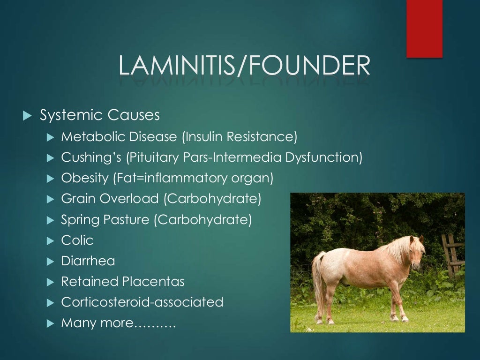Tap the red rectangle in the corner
point(424,28)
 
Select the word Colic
point(77,240)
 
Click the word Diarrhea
point(88,261)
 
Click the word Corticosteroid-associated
point(142,302)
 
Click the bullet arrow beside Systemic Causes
point(27,115)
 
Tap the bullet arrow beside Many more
point(51,323)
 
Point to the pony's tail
point(318,281)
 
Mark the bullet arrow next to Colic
point(51,240)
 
